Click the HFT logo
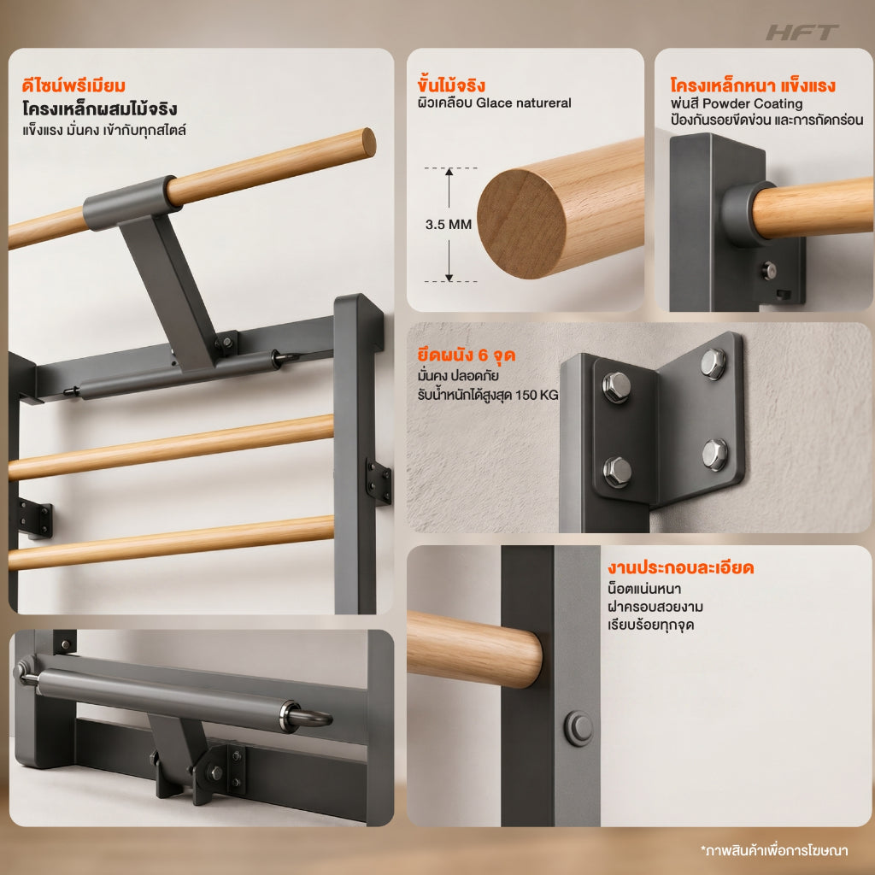click(x=802, y=32)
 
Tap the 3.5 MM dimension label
click(x=448, y=225)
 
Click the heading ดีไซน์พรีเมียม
click(x=73, y=86)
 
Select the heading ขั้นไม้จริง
click(x=451, y=85)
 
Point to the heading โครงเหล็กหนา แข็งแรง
click(x=753, y=85)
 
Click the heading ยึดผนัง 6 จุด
click(x=467, y=355)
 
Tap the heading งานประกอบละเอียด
click(x=681, y=567)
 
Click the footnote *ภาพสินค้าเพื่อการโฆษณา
click(x=774, y=850)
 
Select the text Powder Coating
click(x=752, y=103)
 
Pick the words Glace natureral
click(x=524, y=103)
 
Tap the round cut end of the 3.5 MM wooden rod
click(x=521, y=224)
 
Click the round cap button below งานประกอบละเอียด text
click(x=579, y=728)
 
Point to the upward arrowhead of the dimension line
click(x=449, y=173)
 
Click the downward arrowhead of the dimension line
click(x=449, y=277)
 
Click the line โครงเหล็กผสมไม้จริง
click(x=100, y=109)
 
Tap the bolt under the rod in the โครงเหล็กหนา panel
click(x=769, y=271)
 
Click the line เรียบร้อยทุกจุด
click(x=650, y=625)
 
